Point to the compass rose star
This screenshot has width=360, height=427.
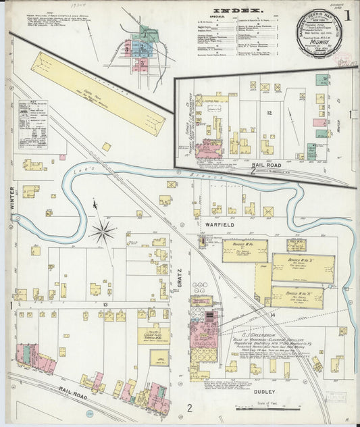(103, 232)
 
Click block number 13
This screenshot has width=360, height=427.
(106, 305)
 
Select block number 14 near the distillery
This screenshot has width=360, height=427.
(273, 315)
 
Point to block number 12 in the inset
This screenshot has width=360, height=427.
(268, 112)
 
